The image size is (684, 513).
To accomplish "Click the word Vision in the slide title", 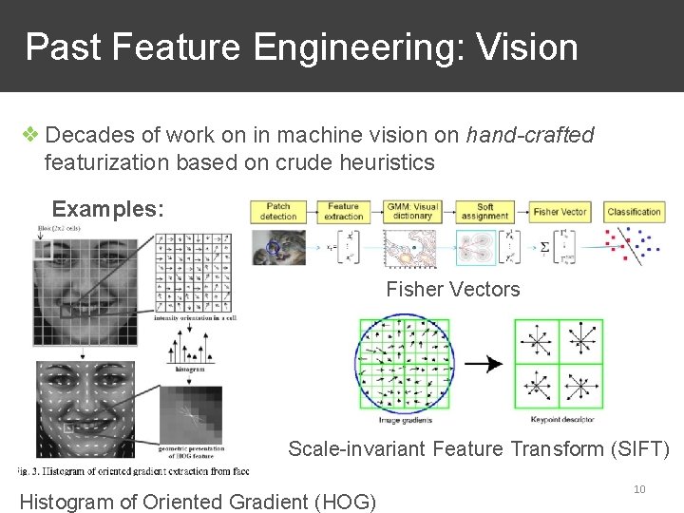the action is (531, 47).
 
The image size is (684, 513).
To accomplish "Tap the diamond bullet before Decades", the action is (31, 136).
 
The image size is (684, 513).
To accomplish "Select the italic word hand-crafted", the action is (530, 136).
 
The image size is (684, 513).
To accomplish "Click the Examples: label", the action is (107, 208).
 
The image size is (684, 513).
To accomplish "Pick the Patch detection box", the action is (278, 212).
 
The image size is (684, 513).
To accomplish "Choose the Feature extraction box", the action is (344, 212).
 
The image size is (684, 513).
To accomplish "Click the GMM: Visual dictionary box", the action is (412, 212).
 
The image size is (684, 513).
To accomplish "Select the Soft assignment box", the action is (485, 212).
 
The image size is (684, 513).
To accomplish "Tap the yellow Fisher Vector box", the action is (560, 212).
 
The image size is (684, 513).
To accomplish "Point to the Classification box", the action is (634, 212).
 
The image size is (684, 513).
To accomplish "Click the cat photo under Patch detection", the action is (279, 248).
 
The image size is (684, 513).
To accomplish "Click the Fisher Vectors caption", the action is (453, 290).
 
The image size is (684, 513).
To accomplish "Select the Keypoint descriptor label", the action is (560, 419).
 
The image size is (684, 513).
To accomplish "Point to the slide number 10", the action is (639, 489).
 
